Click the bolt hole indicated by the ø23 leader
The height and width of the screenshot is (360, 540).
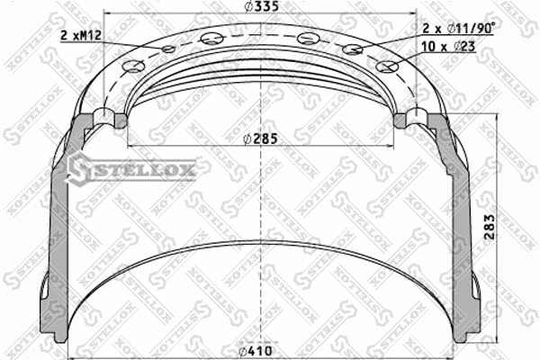[388, 66]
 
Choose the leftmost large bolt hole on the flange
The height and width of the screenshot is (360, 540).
[133, 66]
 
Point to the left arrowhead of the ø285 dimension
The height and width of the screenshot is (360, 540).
[133, 146]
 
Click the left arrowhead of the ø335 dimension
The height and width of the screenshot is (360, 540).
[110, 16]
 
